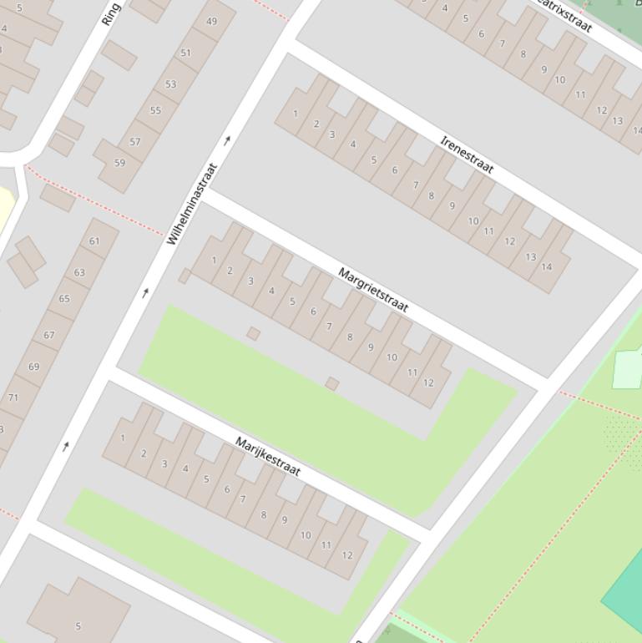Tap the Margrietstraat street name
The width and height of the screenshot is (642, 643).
pos(373,290)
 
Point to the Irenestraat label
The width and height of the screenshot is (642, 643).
pos(467,154)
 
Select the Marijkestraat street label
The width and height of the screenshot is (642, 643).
pos(267,456)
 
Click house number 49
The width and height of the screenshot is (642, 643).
pos(211,22)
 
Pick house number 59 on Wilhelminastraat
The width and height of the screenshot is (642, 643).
pos(119,163)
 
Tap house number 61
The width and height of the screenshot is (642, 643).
pos(94,241)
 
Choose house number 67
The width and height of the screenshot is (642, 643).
pos(49,335)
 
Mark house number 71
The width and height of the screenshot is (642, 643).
pos(13,397)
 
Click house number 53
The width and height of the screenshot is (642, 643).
pos(171,84)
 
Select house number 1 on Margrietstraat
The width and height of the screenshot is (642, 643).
pos(214,261)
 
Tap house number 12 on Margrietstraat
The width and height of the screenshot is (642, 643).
pos(428,383)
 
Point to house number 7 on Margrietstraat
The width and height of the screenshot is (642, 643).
pos(329,327)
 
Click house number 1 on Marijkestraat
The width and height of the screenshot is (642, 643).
pos(123,438)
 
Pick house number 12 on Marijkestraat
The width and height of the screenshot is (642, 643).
pos(347,555)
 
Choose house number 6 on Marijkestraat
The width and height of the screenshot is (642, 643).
pos(225,489)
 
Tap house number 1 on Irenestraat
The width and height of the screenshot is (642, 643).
pos(295,114)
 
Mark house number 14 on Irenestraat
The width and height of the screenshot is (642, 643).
pos(547,267)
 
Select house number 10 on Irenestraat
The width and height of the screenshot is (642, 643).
pos(473,222)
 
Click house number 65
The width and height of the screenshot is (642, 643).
pos(64,298)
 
